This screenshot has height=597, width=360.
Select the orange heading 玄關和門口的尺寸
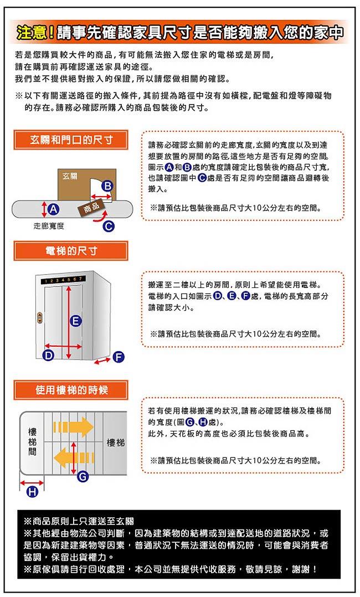coord(71,140)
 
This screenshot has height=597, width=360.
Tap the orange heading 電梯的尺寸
coord(71,251)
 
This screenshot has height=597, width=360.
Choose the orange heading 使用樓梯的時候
coord(71,390)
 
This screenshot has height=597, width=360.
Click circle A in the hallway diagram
coord(54,209)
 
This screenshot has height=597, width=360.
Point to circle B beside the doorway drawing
coord(108,186)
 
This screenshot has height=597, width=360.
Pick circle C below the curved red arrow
coord(109,227)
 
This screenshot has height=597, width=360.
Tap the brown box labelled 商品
coord(91,208)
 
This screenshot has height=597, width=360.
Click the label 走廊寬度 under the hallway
coord(49,226)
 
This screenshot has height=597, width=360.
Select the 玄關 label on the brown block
coord(70,176)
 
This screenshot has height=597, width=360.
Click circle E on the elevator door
coord(76,321)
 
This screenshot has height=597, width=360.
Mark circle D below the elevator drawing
coord(48,356)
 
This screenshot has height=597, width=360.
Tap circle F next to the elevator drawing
coord(119,357)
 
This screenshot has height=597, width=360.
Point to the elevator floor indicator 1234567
coord(64,280)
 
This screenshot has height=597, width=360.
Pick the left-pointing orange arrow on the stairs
coord(74,457)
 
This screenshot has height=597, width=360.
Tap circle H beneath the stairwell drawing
coord(32,492)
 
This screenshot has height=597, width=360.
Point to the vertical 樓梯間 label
coord(32,442)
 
